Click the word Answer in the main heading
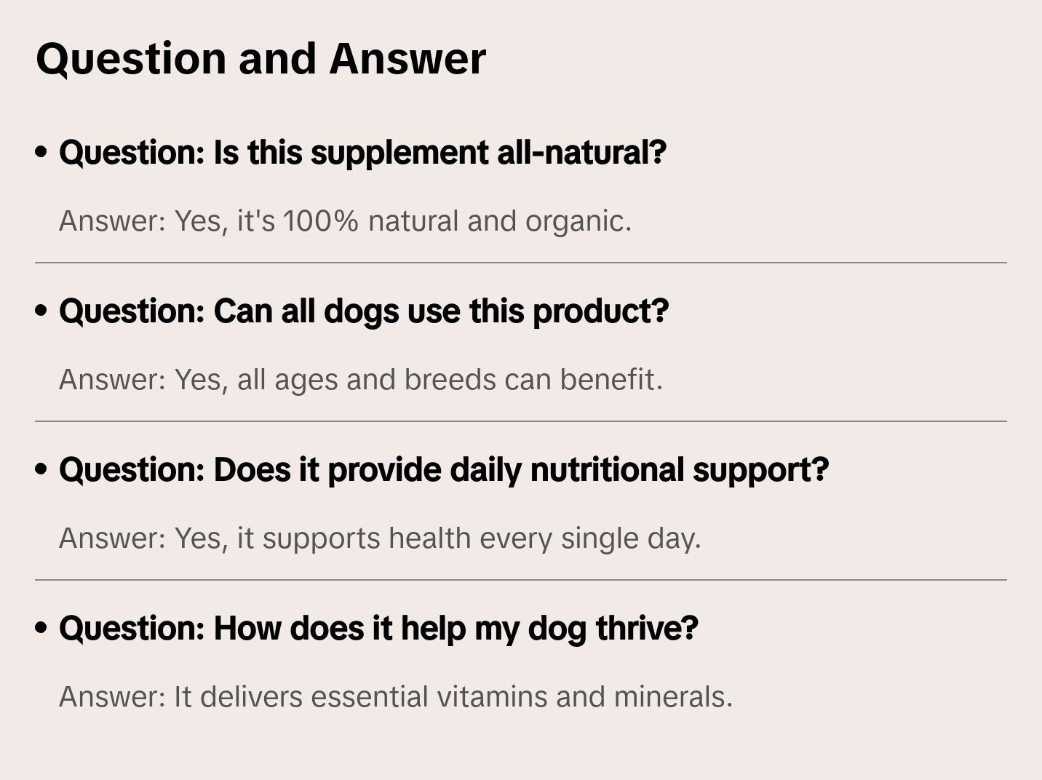click(x=407, y=58)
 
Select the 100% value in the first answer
click(x=320, y=221)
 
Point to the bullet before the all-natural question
click(x=41, y=153)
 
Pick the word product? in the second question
click(x=600, y=311)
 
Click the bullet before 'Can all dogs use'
click(x=41, y=311)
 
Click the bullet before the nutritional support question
click(x=41, y=470)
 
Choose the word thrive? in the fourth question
click(x=647, y=629)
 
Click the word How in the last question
click(x=247, y=629)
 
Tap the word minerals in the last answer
click(x=673, y=697)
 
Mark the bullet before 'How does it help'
click(x=41, y=629)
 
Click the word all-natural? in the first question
click(x=581, y=153)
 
